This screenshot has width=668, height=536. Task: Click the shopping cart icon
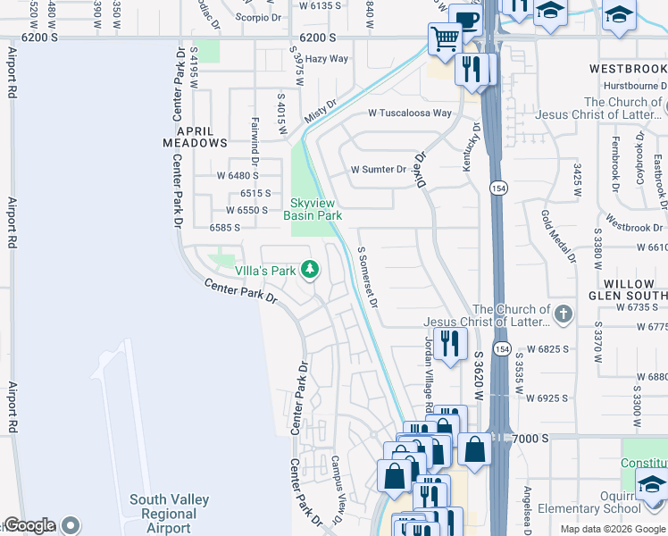[443, 38]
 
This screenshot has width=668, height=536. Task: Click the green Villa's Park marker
[310, 269]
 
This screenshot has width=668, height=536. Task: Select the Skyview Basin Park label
[313, 210]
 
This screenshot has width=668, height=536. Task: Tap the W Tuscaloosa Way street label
[410, 113]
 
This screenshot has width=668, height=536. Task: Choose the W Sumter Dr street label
[378, 169]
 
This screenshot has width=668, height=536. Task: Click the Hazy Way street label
[326, 59]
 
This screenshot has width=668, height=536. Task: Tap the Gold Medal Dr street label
[558, 237]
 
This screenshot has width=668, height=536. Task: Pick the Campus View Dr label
[337, 490]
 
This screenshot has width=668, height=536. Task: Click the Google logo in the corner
[30, 525]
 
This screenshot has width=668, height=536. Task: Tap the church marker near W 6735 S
[562, 314]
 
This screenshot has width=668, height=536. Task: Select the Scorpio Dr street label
[258, 17]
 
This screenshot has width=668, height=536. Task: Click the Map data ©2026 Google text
[613, 529]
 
